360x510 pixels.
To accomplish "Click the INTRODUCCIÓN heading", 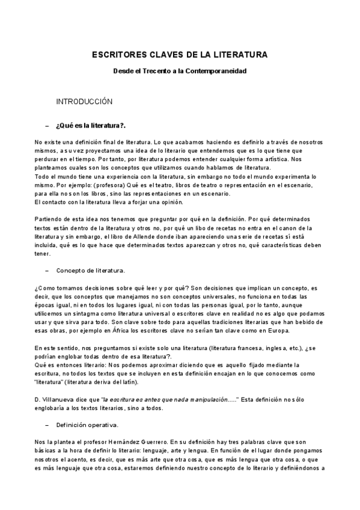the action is (84, 102).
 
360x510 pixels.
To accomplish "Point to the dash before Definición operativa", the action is (47, 425).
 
